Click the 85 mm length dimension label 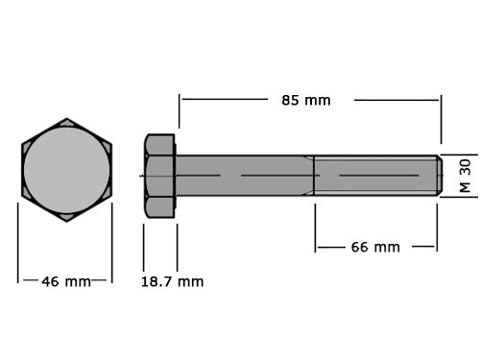pos(306,101)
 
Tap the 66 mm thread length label pos(375,247)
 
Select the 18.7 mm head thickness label pos(172,281)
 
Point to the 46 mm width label pos(66,281)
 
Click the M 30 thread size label pos(465,176)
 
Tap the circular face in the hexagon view pos(67,170)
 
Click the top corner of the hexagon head pos(67,118)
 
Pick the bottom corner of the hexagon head pos(67,221)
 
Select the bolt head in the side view pos(159,176)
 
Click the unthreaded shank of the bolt pos(245,176)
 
